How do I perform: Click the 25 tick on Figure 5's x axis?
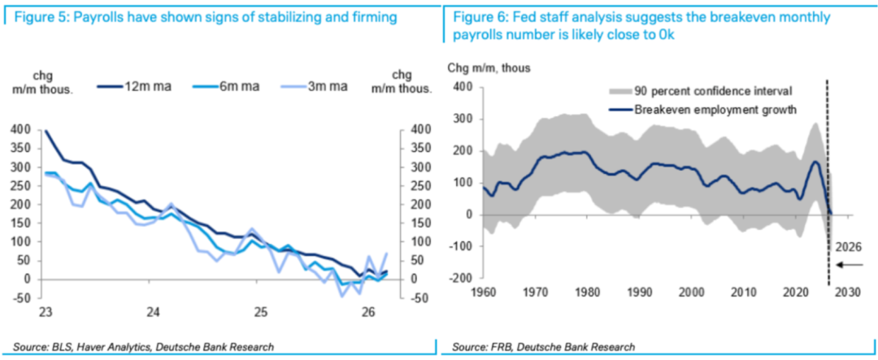(x=261, y=310)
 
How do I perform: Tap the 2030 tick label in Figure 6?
(x=850, y=292)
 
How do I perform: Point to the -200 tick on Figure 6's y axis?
(x=462, y=278)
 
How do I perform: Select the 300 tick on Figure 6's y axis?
(x=463, y=119)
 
